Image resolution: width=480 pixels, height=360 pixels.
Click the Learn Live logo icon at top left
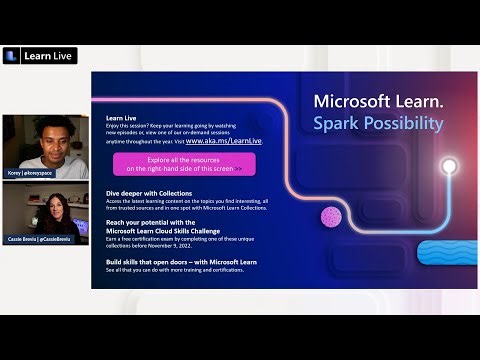click(x=11, y=55)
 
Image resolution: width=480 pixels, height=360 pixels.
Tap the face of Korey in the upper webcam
click(x=39, y=139)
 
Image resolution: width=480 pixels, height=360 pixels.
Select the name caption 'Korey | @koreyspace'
click(x=31, y=174)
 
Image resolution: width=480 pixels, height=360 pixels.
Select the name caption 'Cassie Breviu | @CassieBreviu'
click(x=41, y=238)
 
